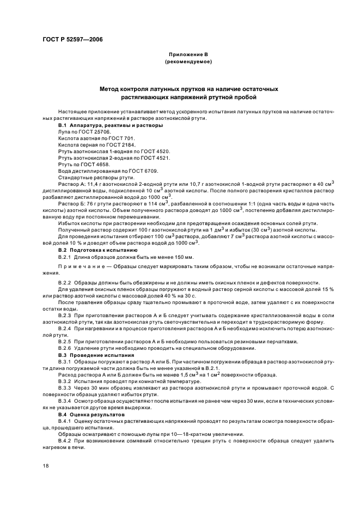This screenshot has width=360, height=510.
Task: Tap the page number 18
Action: (45, 466)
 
